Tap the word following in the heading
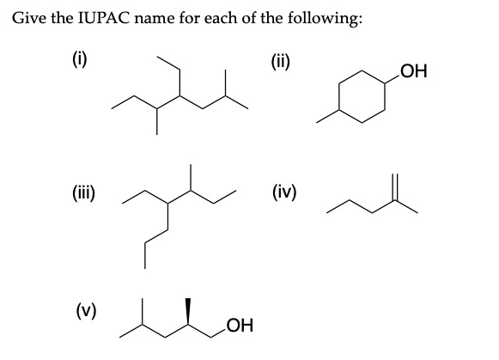click(325, 18)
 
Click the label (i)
click(79, 60)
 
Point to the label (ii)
click(280, 62)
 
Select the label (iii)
click(82, 193)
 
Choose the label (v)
click(86, 310)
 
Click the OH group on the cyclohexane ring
click(414, 71)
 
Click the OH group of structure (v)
click(240, 325)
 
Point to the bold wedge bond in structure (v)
click(188, 312)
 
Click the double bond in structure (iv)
click(395, 187)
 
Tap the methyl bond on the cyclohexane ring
click(327, 116)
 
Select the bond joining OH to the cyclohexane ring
click(393, 80)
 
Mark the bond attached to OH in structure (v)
click(219, 331)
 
